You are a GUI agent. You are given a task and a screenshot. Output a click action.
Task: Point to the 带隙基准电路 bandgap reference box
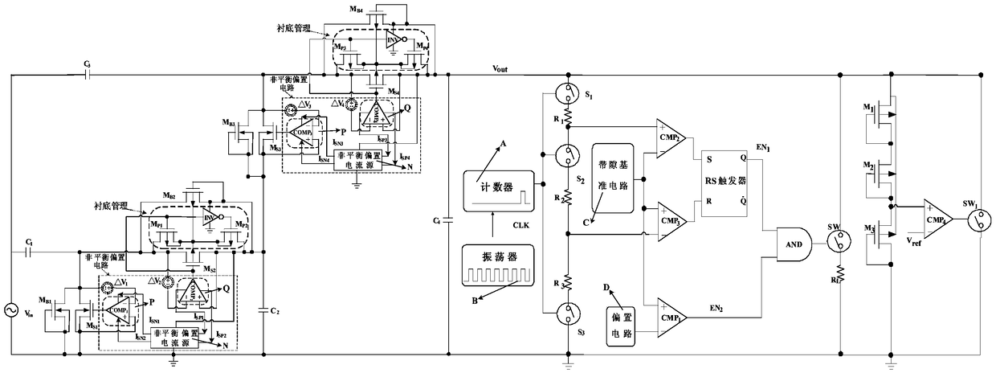[x=614, y=184]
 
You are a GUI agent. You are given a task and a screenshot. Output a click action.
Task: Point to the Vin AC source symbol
[x=13, y=309]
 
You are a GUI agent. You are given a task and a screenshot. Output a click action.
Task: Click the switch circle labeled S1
[x=568, y=96]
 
